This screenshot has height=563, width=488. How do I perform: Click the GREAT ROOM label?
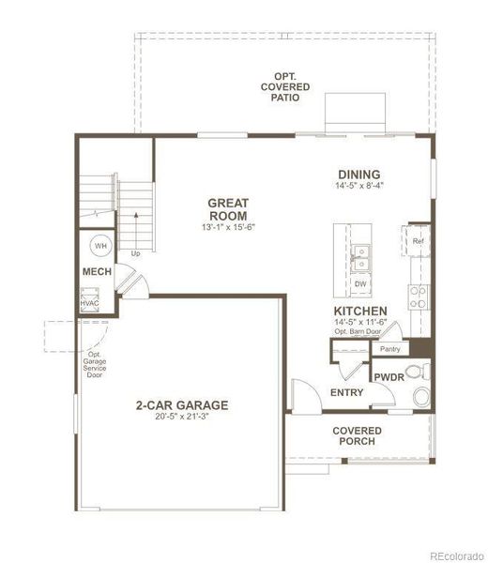227,208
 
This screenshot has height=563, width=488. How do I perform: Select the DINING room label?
359,174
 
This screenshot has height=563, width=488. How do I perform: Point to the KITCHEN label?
360,311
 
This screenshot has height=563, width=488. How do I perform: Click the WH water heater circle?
100,246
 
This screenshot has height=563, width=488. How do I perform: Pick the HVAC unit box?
90,302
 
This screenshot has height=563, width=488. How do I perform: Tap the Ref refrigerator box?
418,240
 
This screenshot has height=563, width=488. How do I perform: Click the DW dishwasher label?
360,282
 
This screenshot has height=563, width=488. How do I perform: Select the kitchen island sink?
360,252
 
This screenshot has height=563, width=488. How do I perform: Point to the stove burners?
418,297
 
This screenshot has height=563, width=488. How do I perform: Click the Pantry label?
390,349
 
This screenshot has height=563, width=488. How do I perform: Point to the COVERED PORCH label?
355,435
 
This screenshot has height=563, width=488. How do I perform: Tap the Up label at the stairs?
135,253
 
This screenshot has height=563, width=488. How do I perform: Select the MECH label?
97,272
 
